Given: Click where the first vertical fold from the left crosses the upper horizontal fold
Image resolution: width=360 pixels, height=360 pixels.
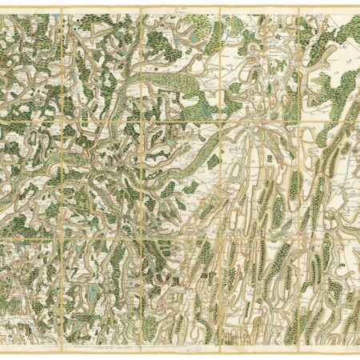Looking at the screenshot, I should pos(61,122).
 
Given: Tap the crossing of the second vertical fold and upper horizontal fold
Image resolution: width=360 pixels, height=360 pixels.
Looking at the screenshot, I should pos(142,122).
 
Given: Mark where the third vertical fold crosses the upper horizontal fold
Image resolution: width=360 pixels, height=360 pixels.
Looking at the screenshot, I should pos(220,122).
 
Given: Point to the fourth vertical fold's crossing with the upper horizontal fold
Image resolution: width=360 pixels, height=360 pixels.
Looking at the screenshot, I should pos(299,122).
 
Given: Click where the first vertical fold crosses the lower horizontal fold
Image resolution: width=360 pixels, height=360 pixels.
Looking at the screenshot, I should pos(61,235).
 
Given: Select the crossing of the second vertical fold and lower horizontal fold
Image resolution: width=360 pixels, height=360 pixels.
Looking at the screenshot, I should pos(142,235).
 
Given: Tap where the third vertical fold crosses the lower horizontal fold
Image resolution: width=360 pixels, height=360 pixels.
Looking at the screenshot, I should pos(220,235).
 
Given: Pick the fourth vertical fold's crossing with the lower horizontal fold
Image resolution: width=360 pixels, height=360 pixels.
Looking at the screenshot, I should pos(299,235).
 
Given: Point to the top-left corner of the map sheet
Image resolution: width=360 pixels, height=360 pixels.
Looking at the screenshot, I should pos(2,7).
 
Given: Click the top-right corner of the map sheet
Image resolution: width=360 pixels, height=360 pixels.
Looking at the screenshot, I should pos(358,7).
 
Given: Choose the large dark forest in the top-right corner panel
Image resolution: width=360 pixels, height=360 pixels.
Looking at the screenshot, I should pos(340,32).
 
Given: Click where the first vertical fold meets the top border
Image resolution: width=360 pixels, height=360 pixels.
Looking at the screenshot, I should pos(61,9).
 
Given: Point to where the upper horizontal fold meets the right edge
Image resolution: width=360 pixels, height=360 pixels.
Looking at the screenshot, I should pos(357,122).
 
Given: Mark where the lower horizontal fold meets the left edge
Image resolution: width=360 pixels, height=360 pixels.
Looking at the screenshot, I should pos(3,235).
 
